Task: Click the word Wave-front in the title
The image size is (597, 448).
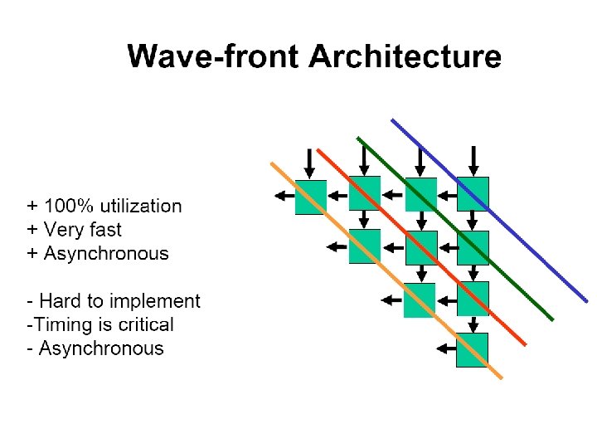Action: tap(214, 57)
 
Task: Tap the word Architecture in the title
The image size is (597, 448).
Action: tap(405, 57)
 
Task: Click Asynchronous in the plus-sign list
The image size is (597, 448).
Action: tap(105, 253)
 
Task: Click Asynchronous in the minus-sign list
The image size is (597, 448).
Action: tap(101, 348)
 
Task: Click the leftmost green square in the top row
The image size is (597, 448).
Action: tap(311, 197)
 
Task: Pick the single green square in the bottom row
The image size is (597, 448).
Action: tap(473, 349)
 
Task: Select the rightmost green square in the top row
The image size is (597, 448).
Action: tap(473, 193)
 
